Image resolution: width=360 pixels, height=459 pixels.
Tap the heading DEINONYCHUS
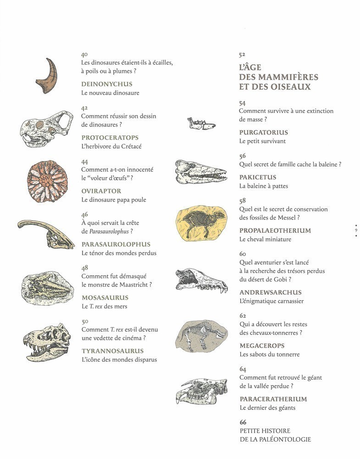pos(106,84)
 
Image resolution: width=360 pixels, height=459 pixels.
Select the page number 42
pos(84,108)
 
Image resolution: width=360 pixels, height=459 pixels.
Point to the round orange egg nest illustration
pos(47,181)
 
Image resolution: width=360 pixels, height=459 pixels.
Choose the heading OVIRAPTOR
pos(101,191)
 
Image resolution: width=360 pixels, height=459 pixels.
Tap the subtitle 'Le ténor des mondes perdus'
pos(119,253)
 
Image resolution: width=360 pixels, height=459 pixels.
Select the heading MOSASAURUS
pos(105,297)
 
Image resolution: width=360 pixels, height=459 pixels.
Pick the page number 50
pos(84,322)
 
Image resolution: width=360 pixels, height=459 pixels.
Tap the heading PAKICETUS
pos(258,177)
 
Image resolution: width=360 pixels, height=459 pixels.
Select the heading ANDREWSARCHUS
pos(270,292)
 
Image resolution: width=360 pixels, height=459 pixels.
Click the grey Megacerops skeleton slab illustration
pos(200,336)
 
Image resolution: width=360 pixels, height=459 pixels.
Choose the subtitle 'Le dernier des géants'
pos(267,408)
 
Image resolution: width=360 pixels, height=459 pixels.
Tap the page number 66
pos(243,422)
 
